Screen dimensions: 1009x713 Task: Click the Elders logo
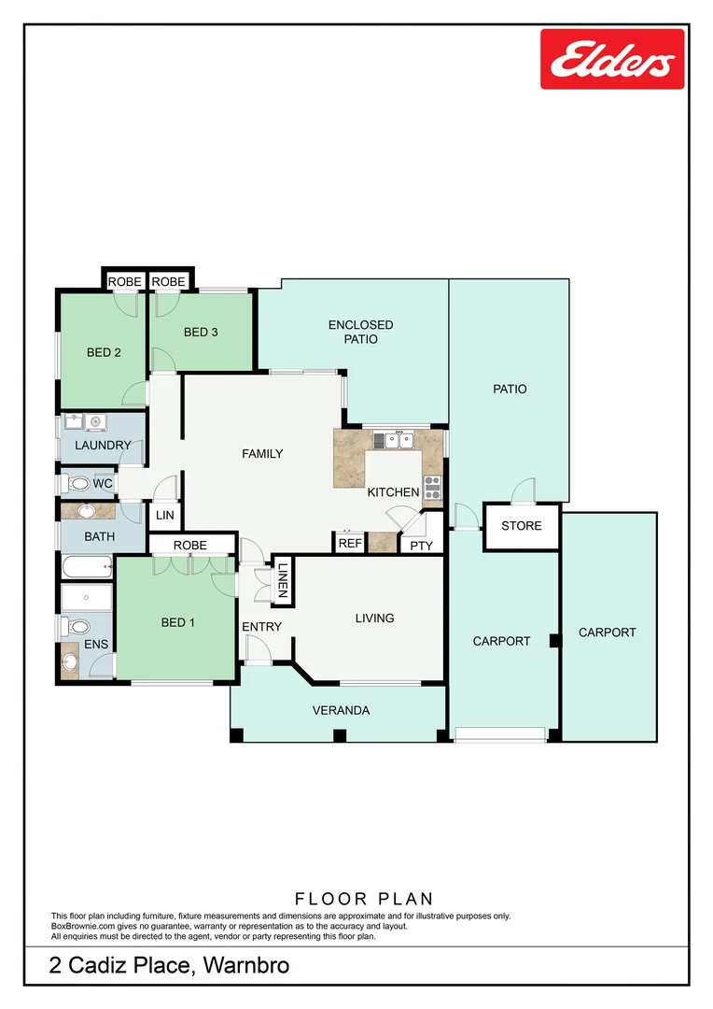612,59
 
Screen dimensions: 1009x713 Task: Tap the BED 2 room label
105,352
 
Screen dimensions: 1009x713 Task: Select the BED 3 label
201,332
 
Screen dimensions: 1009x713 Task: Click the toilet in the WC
78,484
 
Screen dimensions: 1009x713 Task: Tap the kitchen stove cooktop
433,487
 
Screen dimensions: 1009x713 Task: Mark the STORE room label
521,526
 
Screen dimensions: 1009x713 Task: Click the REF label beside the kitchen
350,543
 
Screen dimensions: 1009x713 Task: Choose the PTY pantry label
422,545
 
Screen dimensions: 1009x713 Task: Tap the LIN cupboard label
165,516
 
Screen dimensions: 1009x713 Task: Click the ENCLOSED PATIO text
361,332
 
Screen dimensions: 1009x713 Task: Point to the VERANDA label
341,710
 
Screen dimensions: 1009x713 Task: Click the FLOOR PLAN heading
364,899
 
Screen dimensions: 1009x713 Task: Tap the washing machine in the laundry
94,422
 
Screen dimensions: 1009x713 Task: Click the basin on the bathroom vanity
87,511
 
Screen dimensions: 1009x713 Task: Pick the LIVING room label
374,618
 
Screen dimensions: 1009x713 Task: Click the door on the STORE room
523,490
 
